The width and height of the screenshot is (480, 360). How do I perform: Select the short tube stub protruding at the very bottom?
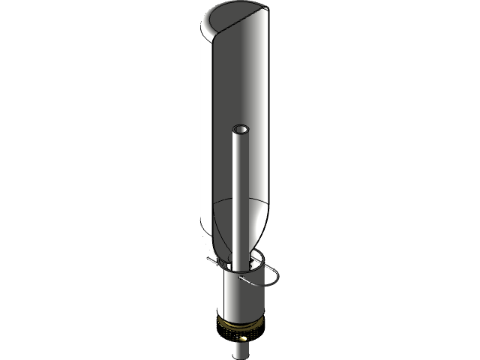pos(239,349)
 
